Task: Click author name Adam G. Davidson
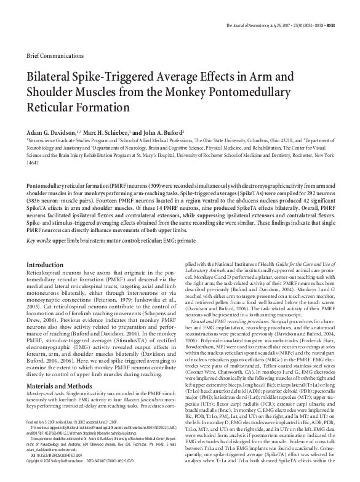(x=49, y=134)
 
